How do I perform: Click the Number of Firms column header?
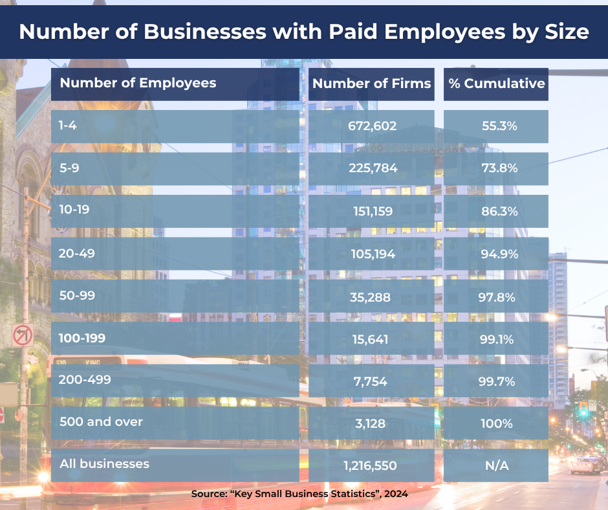click(371, 83)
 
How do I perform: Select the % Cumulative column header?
click(496, 83)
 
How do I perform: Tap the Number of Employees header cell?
click(138, 83)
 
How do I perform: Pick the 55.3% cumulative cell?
click(499, 126)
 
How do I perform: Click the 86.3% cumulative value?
click(499, 211)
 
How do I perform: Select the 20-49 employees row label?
click(78, 253)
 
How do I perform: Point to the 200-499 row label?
click(83, 380)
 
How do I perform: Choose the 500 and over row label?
click(101, 421)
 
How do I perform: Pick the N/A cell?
click(496, 465)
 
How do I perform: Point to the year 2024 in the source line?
click(395, 494)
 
